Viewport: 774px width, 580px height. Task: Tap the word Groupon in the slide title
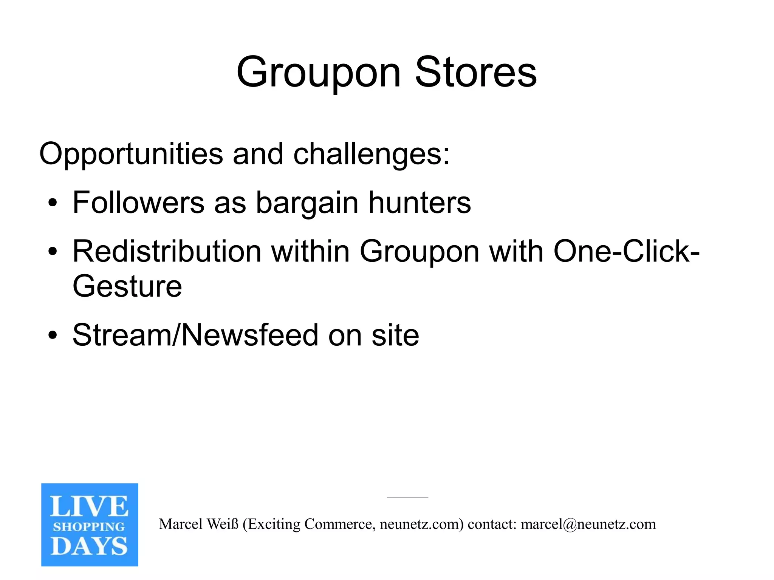318,73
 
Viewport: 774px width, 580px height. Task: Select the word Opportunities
131,154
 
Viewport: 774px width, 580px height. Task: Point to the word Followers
138,203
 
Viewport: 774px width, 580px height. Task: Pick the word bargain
307,203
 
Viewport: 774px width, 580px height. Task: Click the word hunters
420,203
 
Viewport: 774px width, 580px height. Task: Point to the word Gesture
127,286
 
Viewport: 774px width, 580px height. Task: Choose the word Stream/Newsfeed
195,335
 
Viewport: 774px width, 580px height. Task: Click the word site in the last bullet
395,335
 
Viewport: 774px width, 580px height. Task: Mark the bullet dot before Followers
53,203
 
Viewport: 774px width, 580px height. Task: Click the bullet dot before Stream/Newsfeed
53,335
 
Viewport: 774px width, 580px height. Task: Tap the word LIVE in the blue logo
89,506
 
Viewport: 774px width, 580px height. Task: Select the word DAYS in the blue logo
89,546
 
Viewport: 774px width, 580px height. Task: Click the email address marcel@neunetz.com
588,524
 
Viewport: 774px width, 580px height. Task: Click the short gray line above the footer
407,497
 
